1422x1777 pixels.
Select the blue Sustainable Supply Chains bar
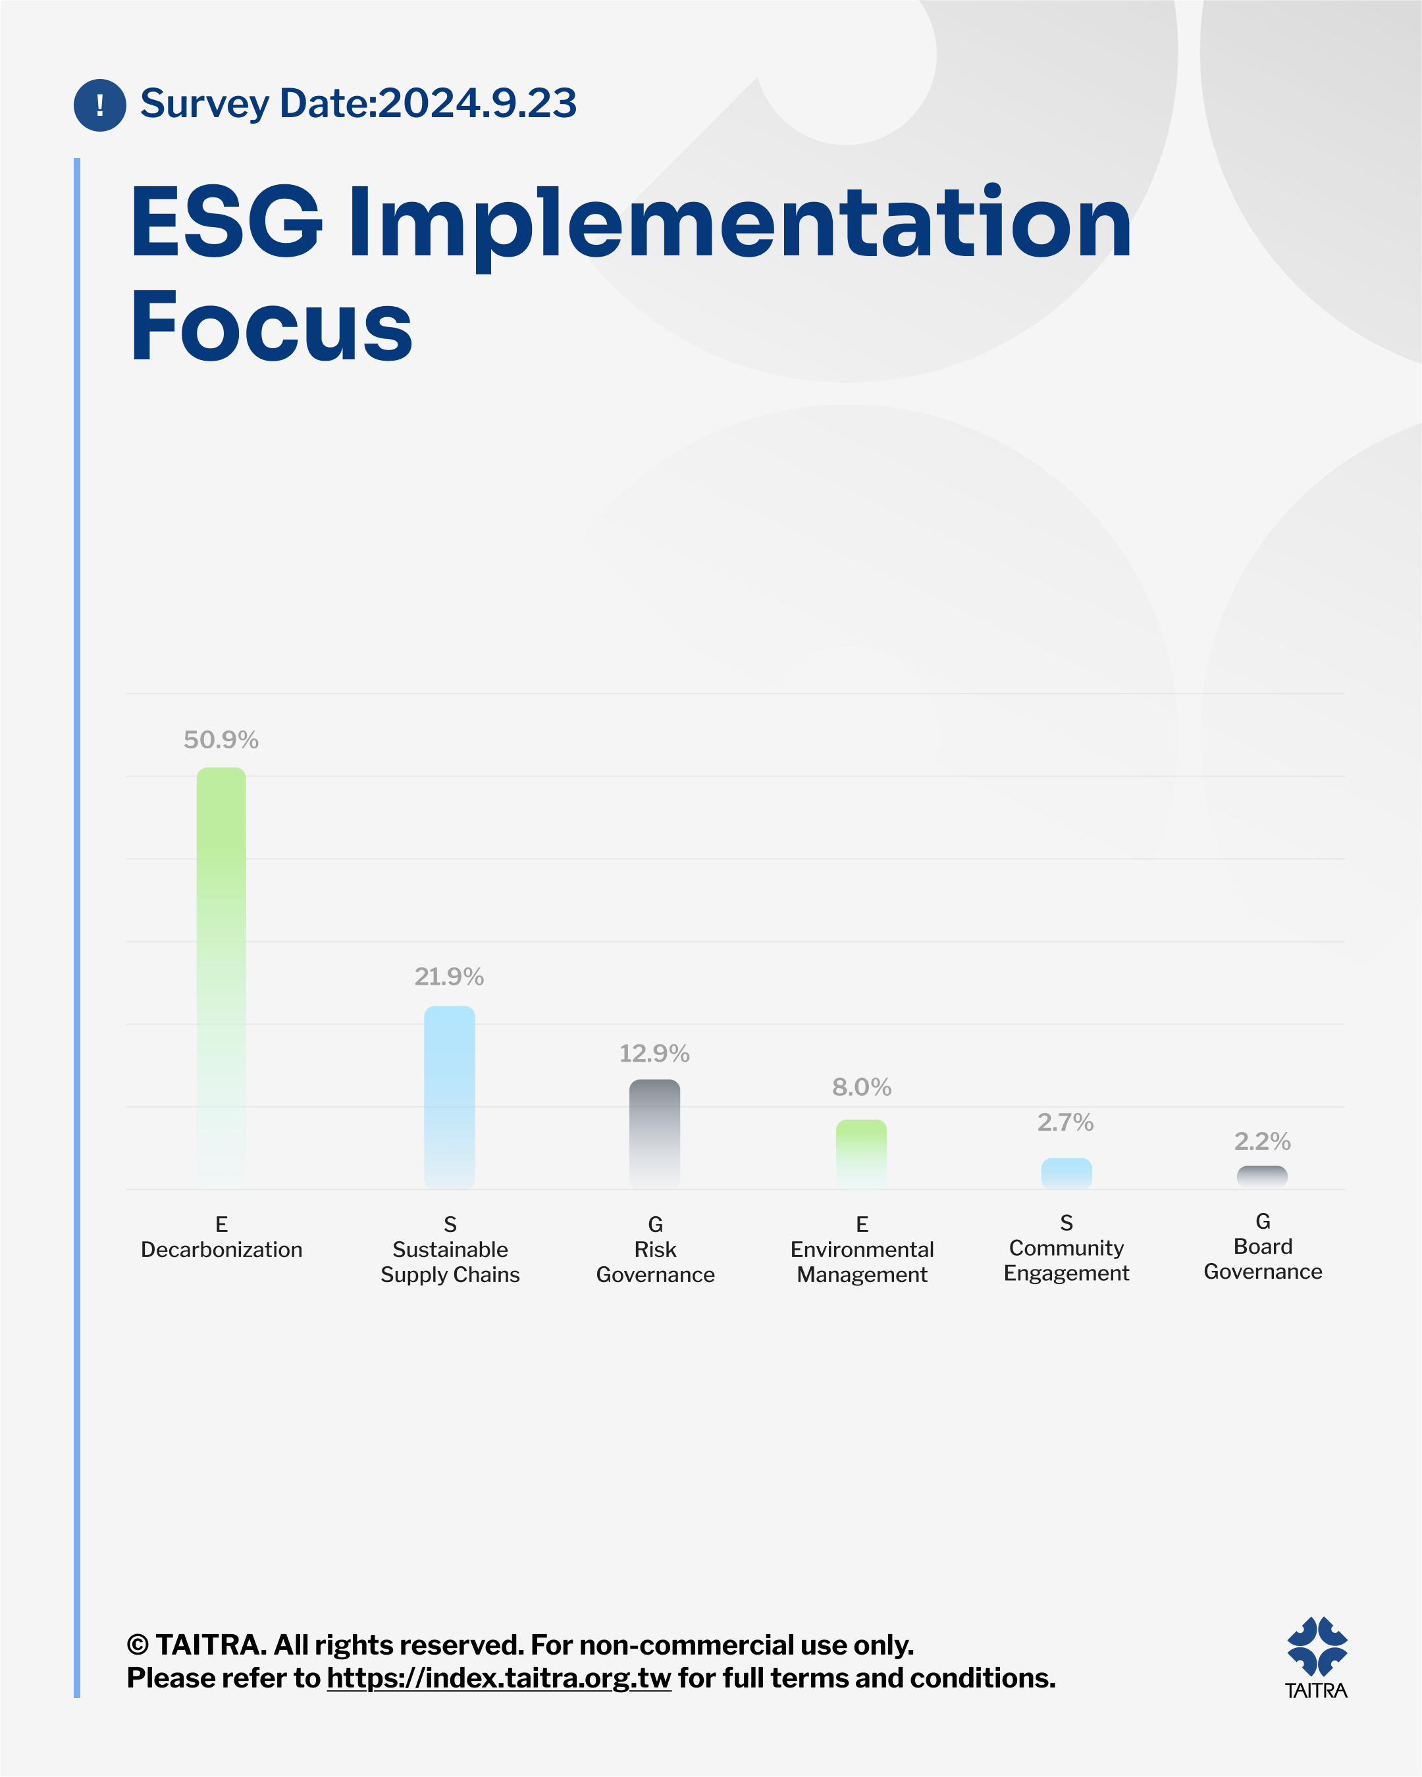click(x=449, y=1097)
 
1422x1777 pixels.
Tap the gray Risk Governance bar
click(x=654, y=1134)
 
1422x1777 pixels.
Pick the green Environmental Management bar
click(x=862, y=1154)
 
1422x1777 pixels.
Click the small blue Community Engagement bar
click(x=1066, y=1173)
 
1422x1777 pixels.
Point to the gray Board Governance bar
click(x=1262, y=1177)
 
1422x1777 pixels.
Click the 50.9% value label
click(x=221, y=740)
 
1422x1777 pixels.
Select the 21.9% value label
click(x=449, y=977)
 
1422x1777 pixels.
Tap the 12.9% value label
click(x=654, y=1053)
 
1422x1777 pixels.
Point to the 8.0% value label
click(x=862, y=1087)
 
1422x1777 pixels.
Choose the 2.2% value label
click(x=1262, y=1141)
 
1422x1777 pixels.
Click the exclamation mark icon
click(x=100, y=105)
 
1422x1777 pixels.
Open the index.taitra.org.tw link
click(x=499, y=1678)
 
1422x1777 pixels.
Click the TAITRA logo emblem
click(x=1317, y=1647)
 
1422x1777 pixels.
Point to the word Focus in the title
click(x=271, y=327)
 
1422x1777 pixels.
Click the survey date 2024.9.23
click(x=477, y=104)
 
